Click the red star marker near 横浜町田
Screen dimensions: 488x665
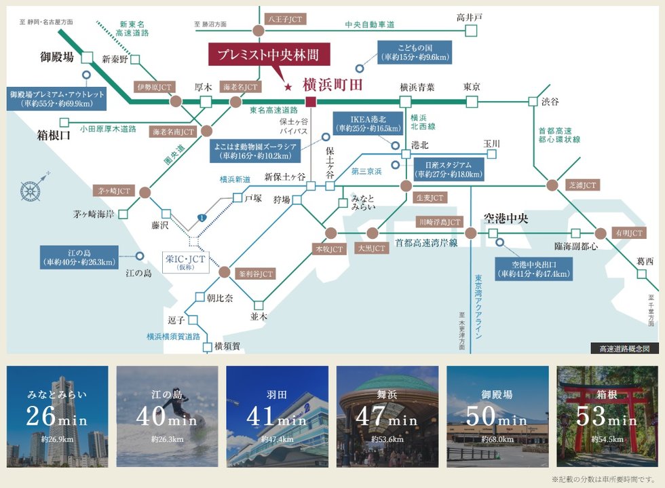(288, 87)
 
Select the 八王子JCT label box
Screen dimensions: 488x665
(285, 20)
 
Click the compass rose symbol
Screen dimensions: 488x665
(31, 189)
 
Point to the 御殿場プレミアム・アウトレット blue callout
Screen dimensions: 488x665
(57, 98)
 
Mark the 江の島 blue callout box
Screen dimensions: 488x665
(79, 257)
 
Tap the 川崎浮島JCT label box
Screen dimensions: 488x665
(439, 222)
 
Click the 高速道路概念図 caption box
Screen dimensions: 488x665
(624, 348)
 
